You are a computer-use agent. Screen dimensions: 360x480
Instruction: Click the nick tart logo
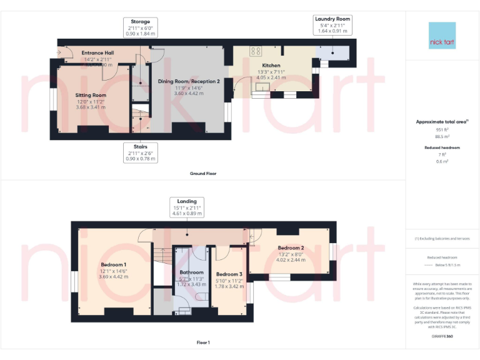[x=442, y=36]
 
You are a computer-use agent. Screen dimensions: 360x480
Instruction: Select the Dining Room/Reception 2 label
[x=189, y=81]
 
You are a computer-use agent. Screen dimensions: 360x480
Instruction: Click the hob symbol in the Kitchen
[x=255, y=51]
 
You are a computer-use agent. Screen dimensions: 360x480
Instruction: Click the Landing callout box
[x=186, y=207]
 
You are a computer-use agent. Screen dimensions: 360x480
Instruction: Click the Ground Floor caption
[x=203, y=173]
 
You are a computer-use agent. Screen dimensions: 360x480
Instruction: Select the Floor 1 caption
[x=203, y=342]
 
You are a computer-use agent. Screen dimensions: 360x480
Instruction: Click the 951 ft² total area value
[x=442, y=129]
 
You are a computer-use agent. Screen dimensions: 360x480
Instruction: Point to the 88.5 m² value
[x=442, y=136]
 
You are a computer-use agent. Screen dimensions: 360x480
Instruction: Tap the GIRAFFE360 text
[x=442, y=336]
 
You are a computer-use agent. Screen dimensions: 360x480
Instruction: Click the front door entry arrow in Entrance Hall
[x=60, y=53]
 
